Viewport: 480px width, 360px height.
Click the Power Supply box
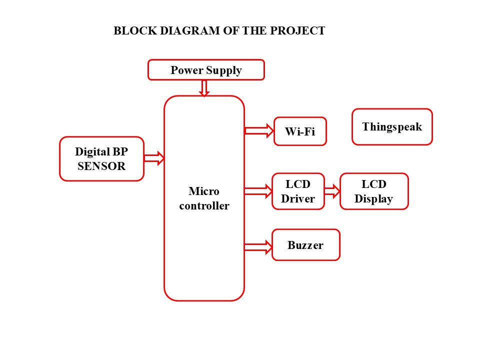(x=206, y=70)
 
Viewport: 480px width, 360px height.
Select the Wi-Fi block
(x=300, y=131)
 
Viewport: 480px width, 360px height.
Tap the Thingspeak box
(x=392, y=126)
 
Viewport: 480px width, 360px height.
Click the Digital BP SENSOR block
(x=101, y=159)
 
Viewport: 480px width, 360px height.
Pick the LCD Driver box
(x=298, y=191)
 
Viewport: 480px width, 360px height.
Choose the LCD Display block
(x=374, y=191)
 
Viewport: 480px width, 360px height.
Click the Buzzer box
(x=306, y=245)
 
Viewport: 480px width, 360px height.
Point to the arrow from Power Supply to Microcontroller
(x=204, y=88)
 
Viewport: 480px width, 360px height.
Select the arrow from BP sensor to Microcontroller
(x=154, y=158)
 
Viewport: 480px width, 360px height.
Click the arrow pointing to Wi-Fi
(x=259, y=130)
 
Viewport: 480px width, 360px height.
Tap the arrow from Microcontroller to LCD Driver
(x=258, y=191)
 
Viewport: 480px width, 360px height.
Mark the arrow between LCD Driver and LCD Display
(x=332, y=191)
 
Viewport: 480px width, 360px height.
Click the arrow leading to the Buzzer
(x=258, y=247)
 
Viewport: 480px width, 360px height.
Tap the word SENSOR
(x=101, y=166)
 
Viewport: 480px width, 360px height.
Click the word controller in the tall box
(x=204, y=205)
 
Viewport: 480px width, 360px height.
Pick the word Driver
(x=298, y=198)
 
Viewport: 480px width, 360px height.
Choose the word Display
(x=374, y=199)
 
